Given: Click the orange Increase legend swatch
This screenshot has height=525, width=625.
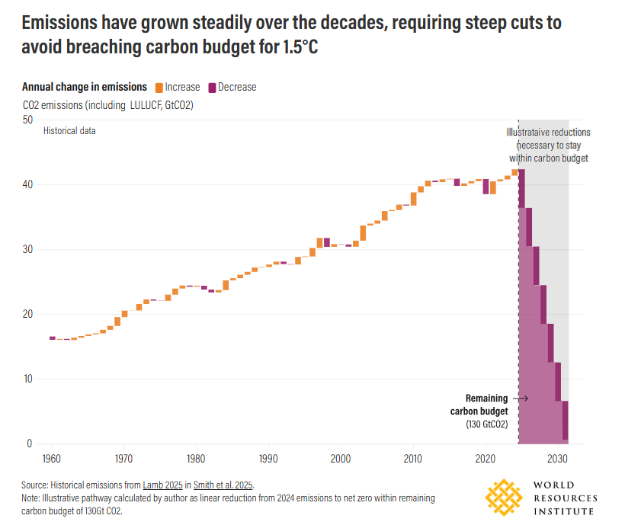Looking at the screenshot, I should click(x=159, y=87).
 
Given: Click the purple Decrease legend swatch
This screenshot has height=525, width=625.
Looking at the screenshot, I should click(x=212, y=87).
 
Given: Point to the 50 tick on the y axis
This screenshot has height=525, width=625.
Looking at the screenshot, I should click(x=27, y=120).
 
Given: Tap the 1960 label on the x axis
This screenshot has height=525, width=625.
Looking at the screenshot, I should click(x=53, y=459).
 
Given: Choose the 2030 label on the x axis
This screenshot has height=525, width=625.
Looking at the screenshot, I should click(x=558, y=459).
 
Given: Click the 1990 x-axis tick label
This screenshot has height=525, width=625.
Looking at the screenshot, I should click(x=269, y=459).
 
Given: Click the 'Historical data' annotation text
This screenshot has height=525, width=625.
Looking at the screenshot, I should click(x=69, y=130).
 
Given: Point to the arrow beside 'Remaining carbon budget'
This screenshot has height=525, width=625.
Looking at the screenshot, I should click(x=521, y=398).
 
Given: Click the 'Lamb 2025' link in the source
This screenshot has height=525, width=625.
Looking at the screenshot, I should click(x=164, y=485).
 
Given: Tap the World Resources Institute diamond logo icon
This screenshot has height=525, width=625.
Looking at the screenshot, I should click(x=506, y=497).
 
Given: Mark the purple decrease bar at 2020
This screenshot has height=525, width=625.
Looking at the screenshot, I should click(x=486, y=186).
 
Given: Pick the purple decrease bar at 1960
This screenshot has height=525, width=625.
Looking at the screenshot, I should click(x=53, y=338).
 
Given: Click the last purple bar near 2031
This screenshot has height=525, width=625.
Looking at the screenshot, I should click(x=565, y=420).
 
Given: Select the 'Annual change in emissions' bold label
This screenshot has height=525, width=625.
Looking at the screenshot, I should click(x=85, y=87).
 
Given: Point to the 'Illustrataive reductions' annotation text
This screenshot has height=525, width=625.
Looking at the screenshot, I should click(x=548, y=132).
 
